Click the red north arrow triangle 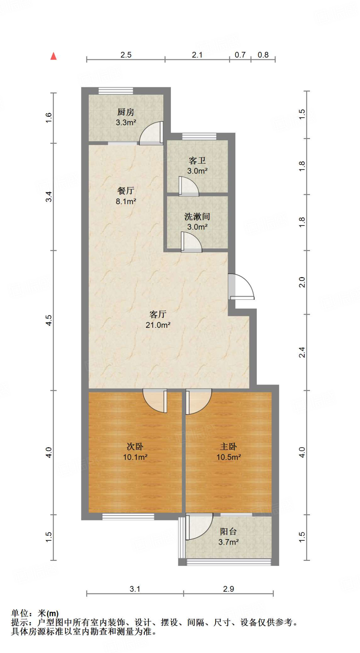(54, 56)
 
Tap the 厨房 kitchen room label (126, 112)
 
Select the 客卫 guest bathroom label (197, 160)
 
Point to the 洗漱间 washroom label (197, 217)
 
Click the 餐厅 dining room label (126, 191)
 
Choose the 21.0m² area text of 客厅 (158, 325)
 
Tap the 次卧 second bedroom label (135, 446)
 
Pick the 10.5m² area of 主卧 (228, 457)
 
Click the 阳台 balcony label (228, 532)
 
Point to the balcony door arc (199, 526)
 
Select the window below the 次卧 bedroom (128, 517)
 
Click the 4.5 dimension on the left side (48, 320)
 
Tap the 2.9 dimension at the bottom (228, 589)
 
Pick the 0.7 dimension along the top (240, 55)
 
